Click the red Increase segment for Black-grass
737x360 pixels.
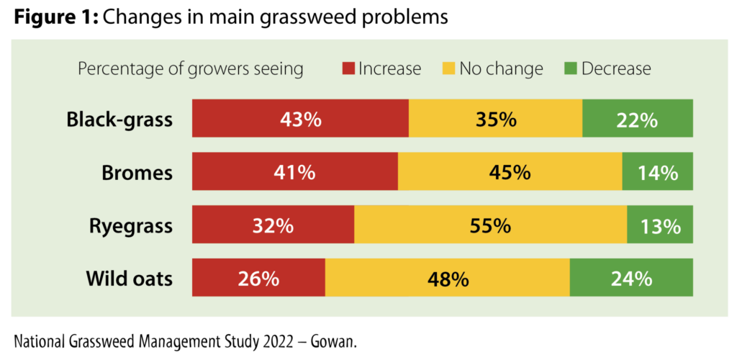(300, 119)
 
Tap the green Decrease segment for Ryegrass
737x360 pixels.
(660, 225)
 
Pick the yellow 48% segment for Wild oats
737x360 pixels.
(447, 278)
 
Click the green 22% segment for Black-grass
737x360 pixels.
(638, 119)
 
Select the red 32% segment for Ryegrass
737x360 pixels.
(273, 225)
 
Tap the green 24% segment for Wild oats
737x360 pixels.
(631, 278)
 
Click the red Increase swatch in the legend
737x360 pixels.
(349, 69)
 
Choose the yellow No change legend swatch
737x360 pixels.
(449, 69)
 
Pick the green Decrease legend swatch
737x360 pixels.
(571, 69)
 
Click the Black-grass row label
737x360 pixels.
(119, 119)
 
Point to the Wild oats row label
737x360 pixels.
(129, 278)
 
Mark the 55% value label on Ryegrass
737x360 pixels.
(490, 225)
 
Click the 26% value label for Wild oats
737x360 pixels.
(258, 278)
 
